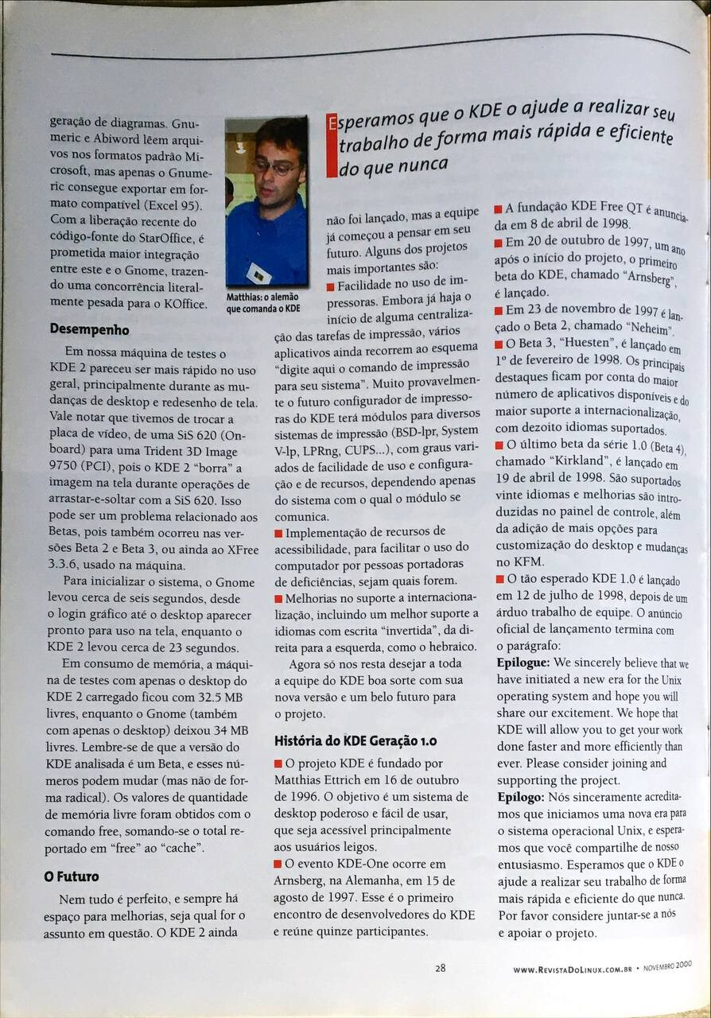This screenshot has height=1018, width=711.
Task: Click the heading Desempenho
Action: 89,328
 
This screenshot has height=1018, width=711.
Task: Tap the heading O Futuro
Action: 72,876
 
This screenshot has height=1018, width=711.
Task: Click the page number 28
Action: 440,968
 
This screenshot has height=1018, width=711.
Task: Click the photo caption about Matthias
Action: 263,302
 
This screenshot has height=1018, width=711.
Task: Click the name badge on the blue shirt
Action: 258,275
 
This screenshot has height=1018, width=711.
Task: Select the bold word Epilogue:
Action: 523,662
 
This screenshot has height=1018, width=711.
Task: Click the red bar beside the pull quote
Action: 331,147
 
